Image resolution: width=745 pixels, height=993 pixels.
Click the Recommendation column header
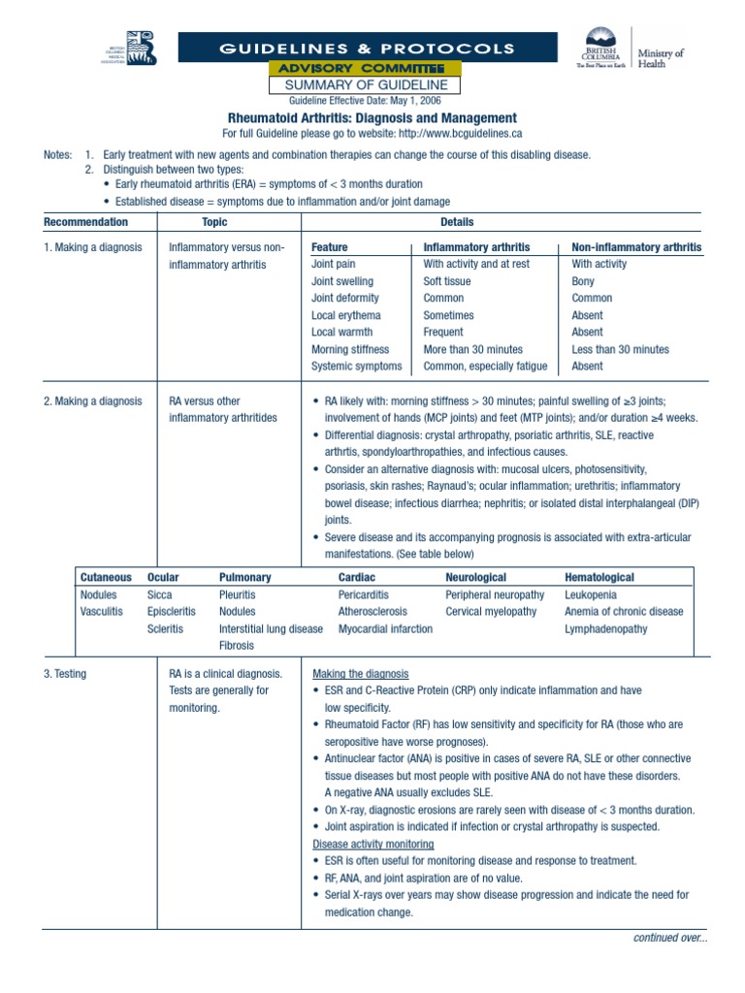[x=85, y=222]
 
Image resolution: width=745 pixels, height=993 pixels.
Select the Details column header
[x=457, y=222]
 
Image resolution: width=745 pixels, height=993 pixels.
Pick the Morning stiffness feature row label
[x=349, y=349]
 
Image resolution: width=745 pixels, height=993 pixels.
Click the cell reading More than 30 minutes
[x=472, y=349]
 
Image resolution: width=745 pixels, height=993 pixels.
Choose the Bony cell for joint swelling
[x=585, y=281]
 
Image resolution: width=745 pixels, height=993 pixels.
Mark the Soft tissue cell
[x=447, y=281]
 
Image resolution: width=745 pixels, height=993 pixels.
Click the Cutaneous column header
[x=105, y=577]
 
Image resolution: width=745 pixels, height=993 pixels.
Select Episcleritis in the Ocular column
[x=171, y=612]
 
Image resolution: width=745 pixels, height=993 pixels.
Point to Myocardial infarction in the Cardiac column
[x=385, y=629]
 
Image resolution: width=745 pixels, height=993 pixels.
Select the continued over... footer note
[x=669, y=938]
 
